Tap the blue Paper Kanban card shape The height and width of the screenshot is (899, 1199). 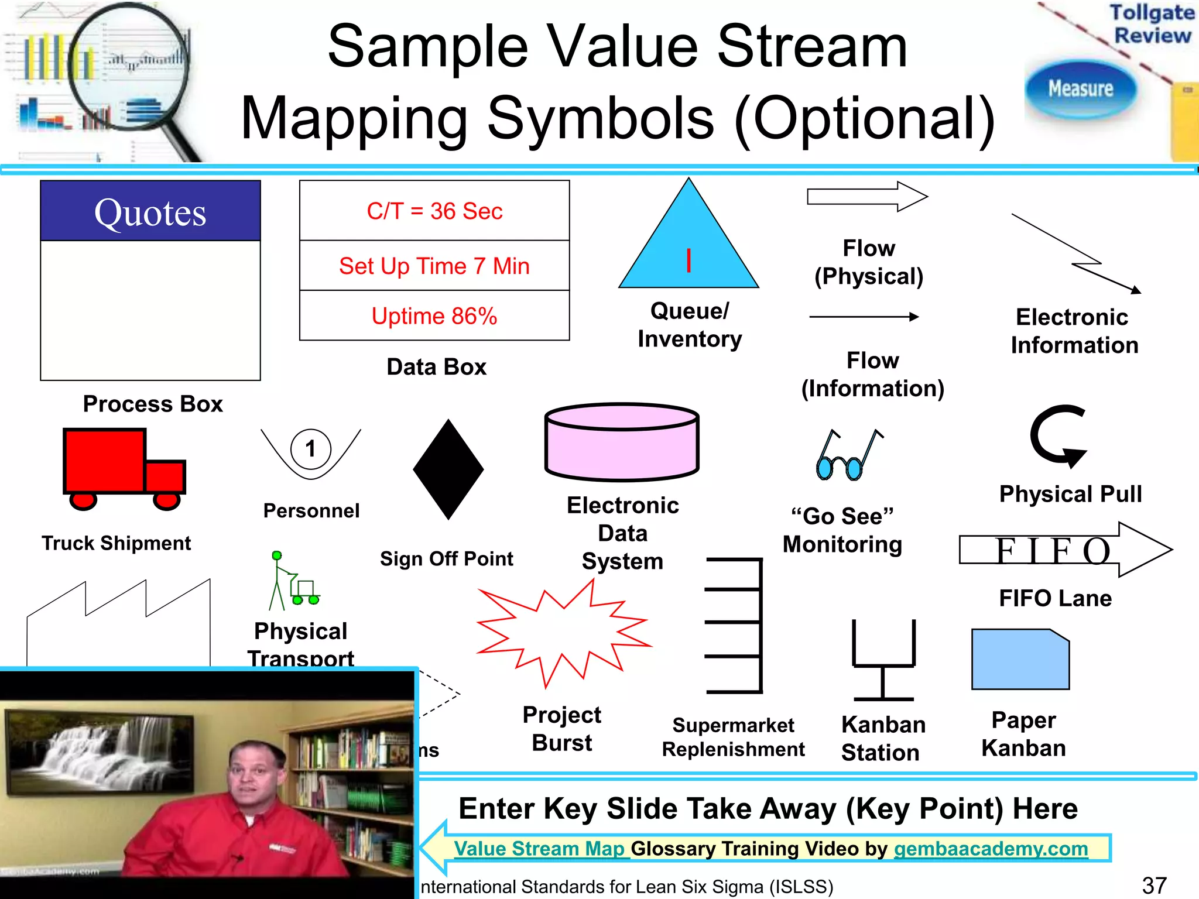1020,660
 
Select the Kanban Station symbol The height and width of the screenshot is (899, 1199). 883,661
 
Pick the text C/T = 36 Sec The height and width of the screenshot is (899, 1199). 434,211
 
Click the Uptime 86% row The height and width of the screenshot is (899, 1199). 434,316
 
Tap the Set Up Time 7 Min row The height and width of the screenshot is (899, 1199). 434,266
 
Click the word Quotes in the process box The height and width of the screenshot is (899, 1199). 150,212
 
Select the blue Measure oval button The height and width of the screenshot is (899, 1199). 1080,89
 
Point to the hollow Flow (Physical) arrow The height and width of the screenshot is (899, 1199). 866,197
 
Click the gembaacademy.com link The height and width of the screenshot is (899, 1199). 991,849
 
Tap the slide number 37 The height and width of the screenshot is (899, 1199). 1154,885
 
